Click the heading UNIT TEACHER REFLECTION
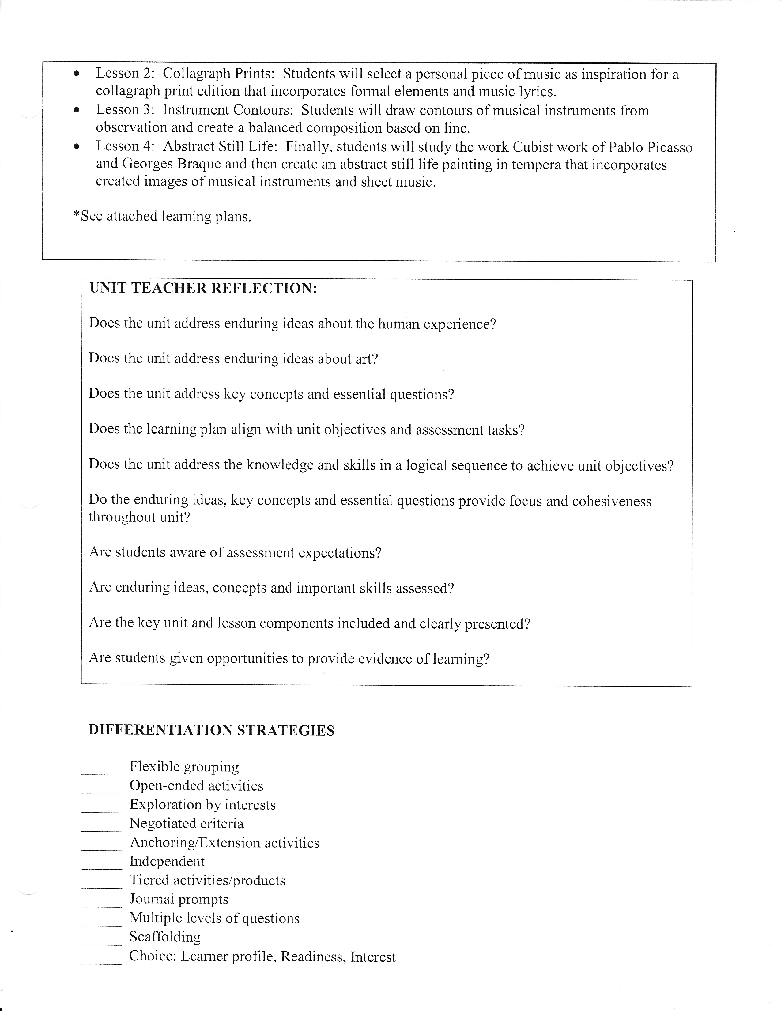click(203, 288)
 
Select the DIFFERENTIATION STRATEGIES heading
click(211, 730)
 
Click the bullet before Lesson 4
click(77, 147)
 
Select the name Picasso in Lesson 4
click(666, 148)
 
